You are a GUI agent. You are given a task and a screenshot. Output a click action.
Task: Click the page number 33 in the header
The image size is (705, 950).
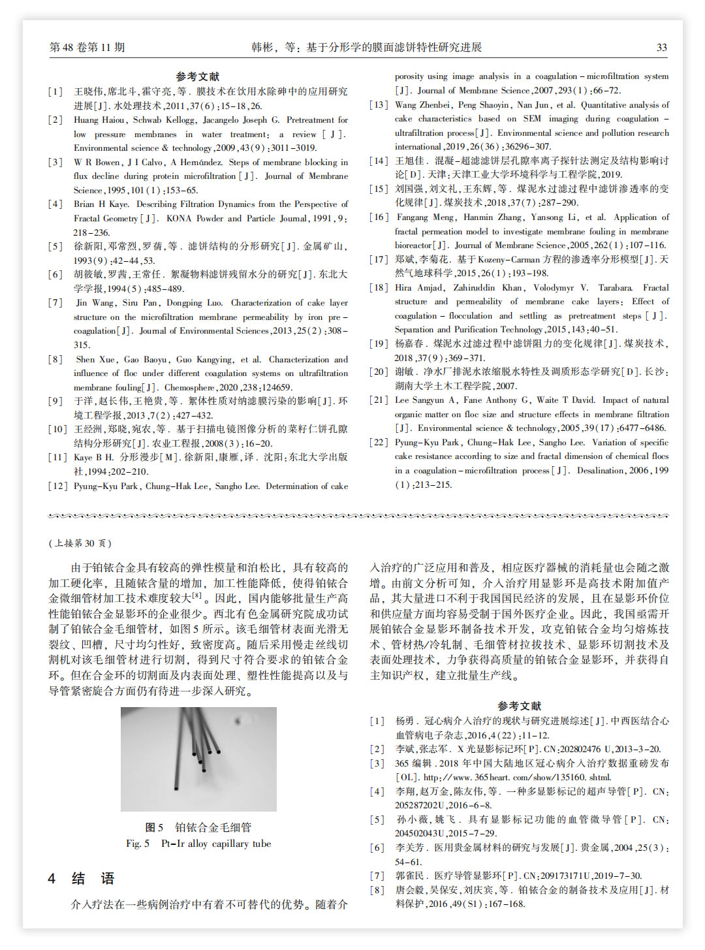661,47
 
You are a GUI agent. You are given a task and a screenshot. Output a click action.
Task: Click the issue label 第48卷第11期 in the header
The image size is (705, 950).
87,47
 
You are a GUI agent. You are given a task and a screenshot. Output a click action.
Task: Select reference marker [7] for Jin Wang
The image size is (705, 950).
55,303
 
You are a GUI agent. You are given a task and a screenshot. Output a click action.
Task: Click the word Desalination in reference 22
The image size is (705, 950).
602,470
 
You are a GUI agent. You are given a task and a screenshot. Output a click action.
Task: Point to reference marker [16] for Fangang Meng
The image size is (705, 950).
379,217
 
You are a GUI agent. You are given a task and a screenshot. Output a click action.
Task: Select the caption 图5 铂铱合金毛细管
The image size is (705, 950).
198,827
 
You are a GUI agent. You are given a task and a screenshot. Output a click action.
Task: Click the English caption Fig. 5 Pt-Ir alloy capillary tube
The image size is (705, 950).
198,844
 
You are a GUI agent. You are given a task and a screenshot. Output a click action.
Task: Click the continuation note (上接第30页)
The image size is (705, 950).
80,543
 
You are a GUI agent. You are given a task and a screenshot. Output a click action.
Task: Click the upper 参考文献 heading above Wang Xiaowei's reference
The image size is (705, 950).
198,76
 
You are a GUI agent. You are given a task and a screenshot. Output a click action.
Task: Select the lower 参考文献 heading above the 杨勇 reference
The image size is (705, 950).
519,706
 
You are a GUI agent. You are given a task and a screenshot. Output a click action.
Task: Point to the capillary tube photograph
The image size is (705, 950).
198,759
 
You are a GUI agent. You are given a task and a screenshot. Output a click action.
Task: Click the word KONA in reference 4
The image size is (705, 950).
178,219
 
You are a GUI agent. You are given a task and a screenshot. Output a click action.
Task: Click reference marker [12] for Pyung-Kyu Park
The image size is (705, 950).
57,486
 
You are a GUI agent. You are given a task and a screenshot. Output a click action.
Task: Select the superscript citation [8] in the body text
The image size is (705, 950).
196,595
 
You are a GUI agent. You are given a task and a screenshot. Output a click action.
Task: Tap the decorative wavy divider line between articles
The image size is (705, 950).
358,516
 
